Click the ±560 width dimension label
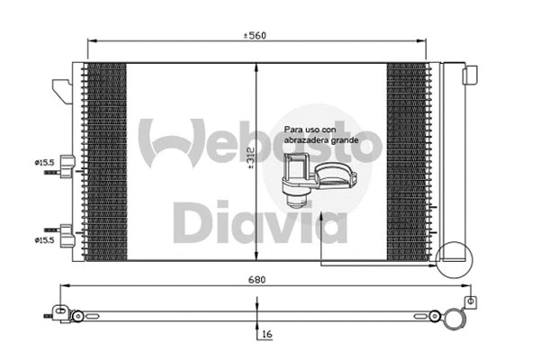(256, 35)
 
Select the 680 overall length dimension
(256, 279)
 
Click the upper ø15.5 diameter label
(45, 162)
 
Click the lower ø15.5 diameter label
(45, 240)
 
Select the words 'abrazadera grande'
(320, 141)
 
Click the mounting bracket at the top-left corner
(61, 88)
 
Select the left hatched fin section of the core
(104, 162)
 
